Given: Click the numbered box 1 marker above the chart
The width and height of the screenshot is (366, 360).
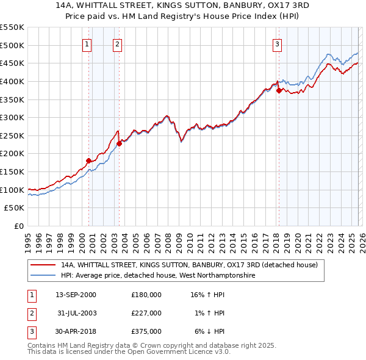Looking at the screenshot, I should [87, 44].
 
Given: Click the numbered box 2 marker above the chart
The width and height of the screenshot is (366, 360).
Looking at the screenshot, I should [117, 44].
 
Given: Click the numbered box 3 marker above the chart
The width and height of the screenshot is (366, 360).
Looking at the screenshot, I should [277, 44].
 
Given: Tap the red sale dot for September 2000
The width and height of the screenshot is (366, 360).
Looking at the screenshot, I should [88, 160].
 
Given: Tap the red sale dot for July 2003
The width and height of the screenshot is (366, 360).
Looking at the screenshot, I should [120, 143].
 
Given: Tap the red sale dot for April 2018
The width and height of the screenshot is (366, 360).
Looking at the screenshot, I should [279, 90].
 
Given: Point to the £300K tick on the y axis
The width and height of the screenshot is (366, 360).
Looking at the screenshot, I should [12, 117].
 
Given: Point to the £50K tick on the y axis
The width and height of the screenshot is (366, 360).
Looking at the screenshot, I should [15, 208].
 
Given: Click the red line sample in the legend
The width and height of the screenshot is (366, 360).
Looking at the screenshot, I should [43, 265].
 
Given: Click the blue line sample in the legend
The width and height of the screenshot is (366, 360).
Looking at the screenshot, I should [43, 276].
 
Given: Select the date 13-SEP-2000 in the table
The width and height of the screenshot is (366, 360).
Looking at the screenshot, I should [76, 295].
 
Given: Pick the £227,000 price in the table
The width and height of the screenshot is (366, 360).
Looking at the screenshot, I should [146, 313].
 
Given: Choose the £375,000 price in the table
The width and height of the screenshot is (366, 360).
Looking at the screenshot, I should [146, 331].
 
